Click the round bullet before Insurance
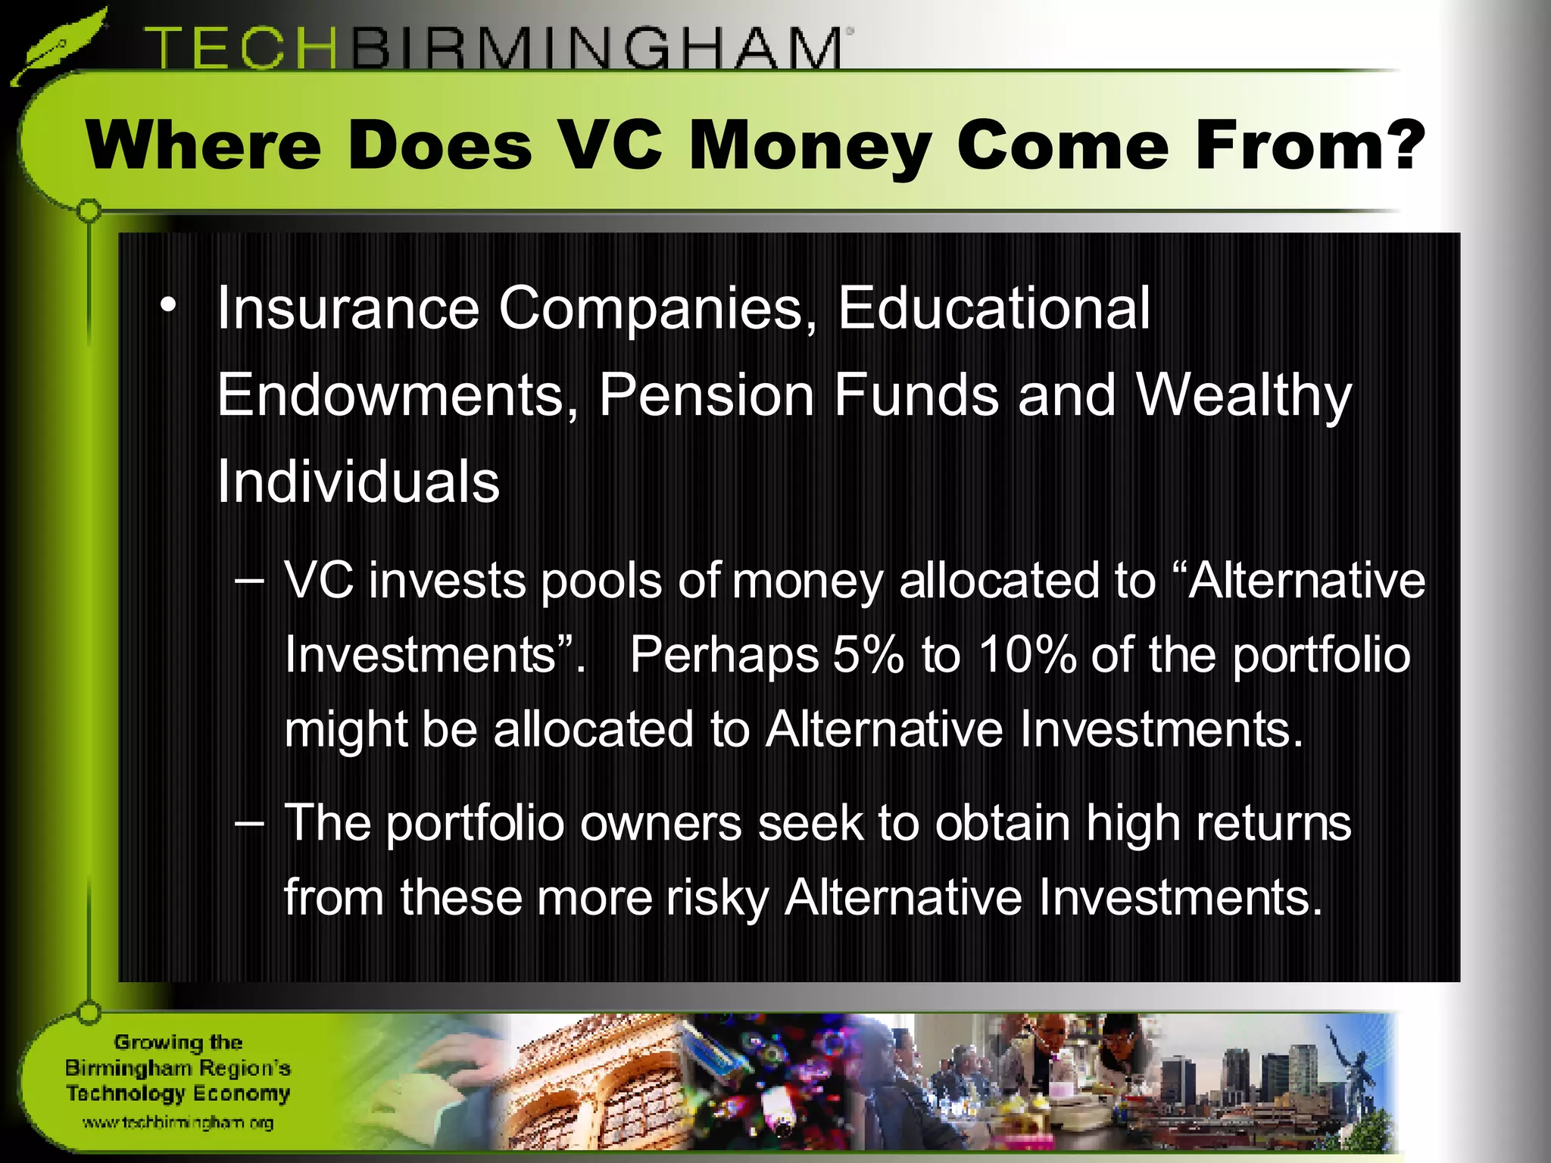tap(167, 307)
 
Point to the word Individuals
tap(358, 482)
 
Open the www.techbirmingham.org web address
tap(178, 1122)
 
